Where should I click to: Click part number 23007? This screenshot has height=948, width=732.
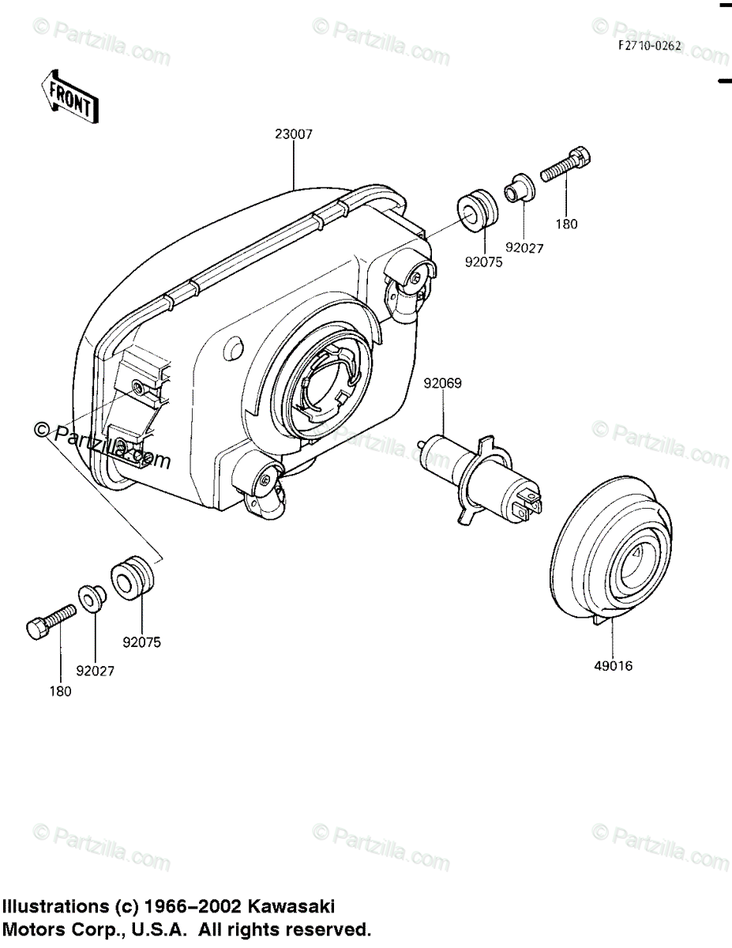click(x=294, y=134)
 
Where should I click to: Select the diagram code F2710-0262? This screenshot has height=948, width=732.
click(x=649, y=47)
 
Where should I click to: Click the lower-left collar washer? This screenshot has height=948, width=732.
click(x=90, y=600)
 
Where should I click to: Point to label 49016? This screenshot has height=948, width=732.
click(x=614, y=666)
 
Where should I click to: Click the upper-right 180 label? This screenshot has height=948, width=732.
click(x=566, y=224)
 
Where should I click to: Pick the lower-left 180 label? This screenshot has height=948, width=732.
click(x=60, y=691)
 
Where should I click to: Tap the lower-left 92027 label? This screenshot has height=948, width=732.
click(x=95, y=671)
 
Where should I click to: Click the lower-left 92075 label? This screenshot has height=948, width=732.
click(x=141, y=642)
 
